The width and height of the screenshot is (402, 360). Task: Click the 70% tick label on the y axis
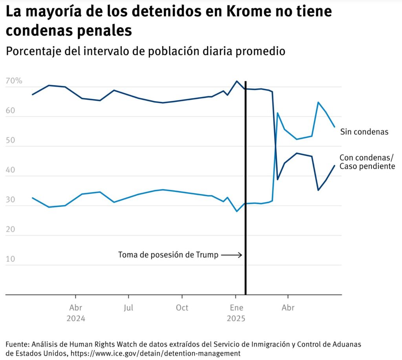(14, 82)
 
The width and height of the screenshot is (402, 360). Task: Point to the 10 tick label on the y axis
(11, 259)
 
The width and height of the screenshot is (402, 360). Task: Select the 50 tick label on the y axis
(11, 141)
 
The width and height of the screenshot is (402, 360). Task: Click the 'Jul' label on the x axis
(128, 307)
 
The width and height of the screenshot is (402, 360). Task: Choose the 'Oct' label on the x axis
(182, 307)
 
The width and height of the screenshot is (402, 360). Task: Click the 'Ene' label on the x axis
(236, 307)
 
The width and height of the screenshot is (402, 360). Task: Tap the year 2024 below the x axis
(76, 318)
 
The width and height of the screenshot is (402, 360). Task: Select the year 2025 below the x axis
(236, 318)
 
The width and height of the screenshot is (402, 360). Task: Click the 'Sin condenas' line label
(364, 132)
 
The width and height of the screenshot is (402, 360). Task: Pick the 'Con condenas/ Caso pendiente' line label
(367, 162)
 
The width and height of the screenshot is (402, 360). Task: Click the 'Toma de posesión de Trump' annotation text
(168, 255)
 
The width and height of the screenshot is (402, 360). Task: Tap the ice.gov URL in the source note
(155, 353)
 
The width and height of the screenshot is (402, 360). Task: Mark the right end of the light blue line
(334, 127)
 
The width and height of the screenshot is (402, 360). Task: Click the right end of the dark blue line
(334, 166)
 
